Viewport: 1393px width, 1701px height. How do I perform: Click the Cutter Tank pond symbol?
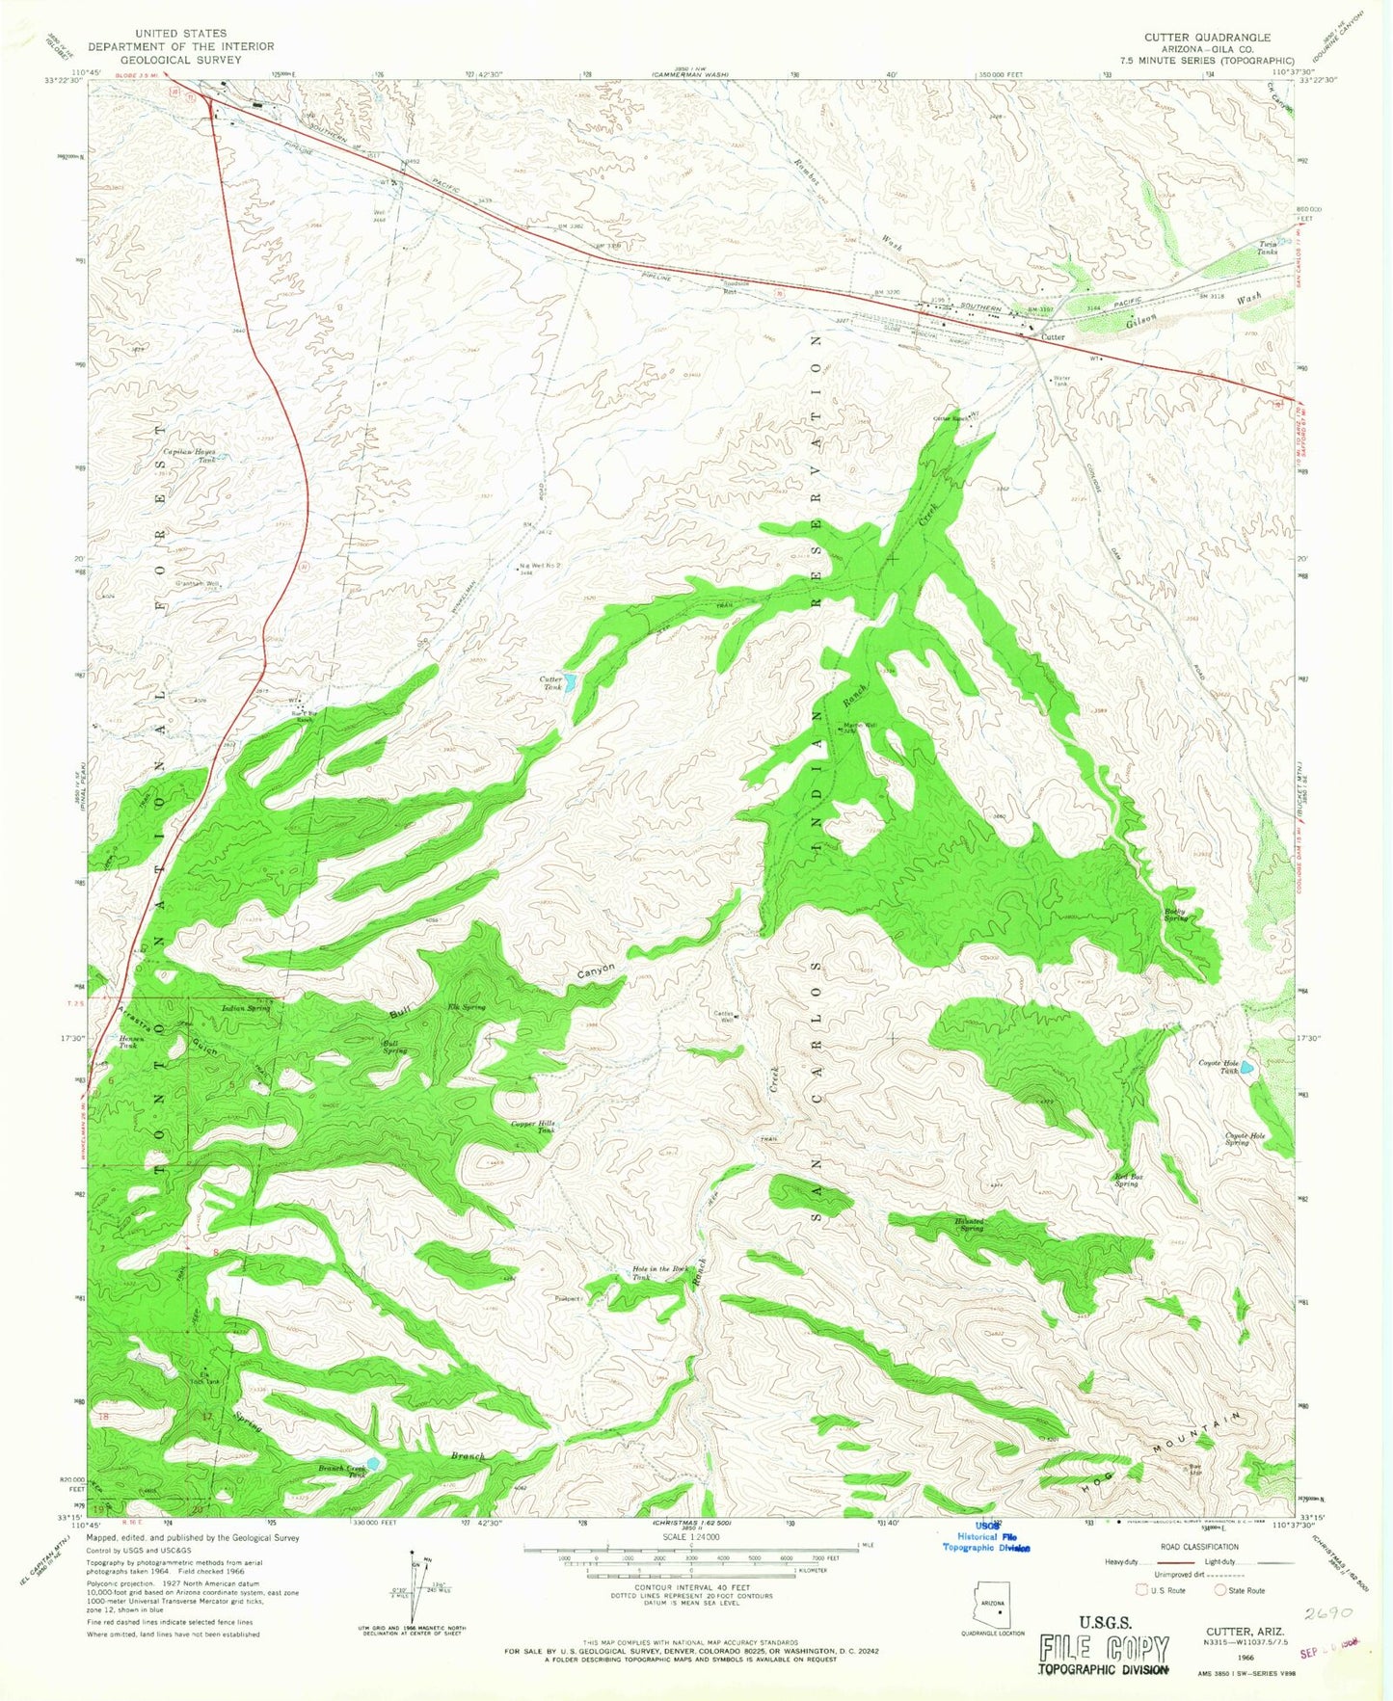point(570,683)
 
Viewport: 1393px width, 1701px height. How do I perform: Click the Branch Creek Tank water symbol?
point(373,1463)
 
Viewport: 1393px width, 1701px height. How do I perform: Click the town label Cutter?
point(1052,338)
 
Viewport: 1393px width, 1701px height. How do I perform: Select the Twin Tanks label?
point(1267,248)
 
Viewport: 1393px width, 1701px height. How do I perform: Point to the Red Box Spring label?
point(1127,1181)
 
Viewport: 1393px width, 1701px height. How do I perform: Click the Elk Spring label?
point(467,1007)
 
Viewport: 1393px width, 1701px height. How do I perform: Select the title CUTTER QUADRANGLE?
point(1207,38)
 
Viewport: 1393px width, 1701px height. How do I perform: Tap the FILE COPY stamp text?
point(1105,1650)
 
